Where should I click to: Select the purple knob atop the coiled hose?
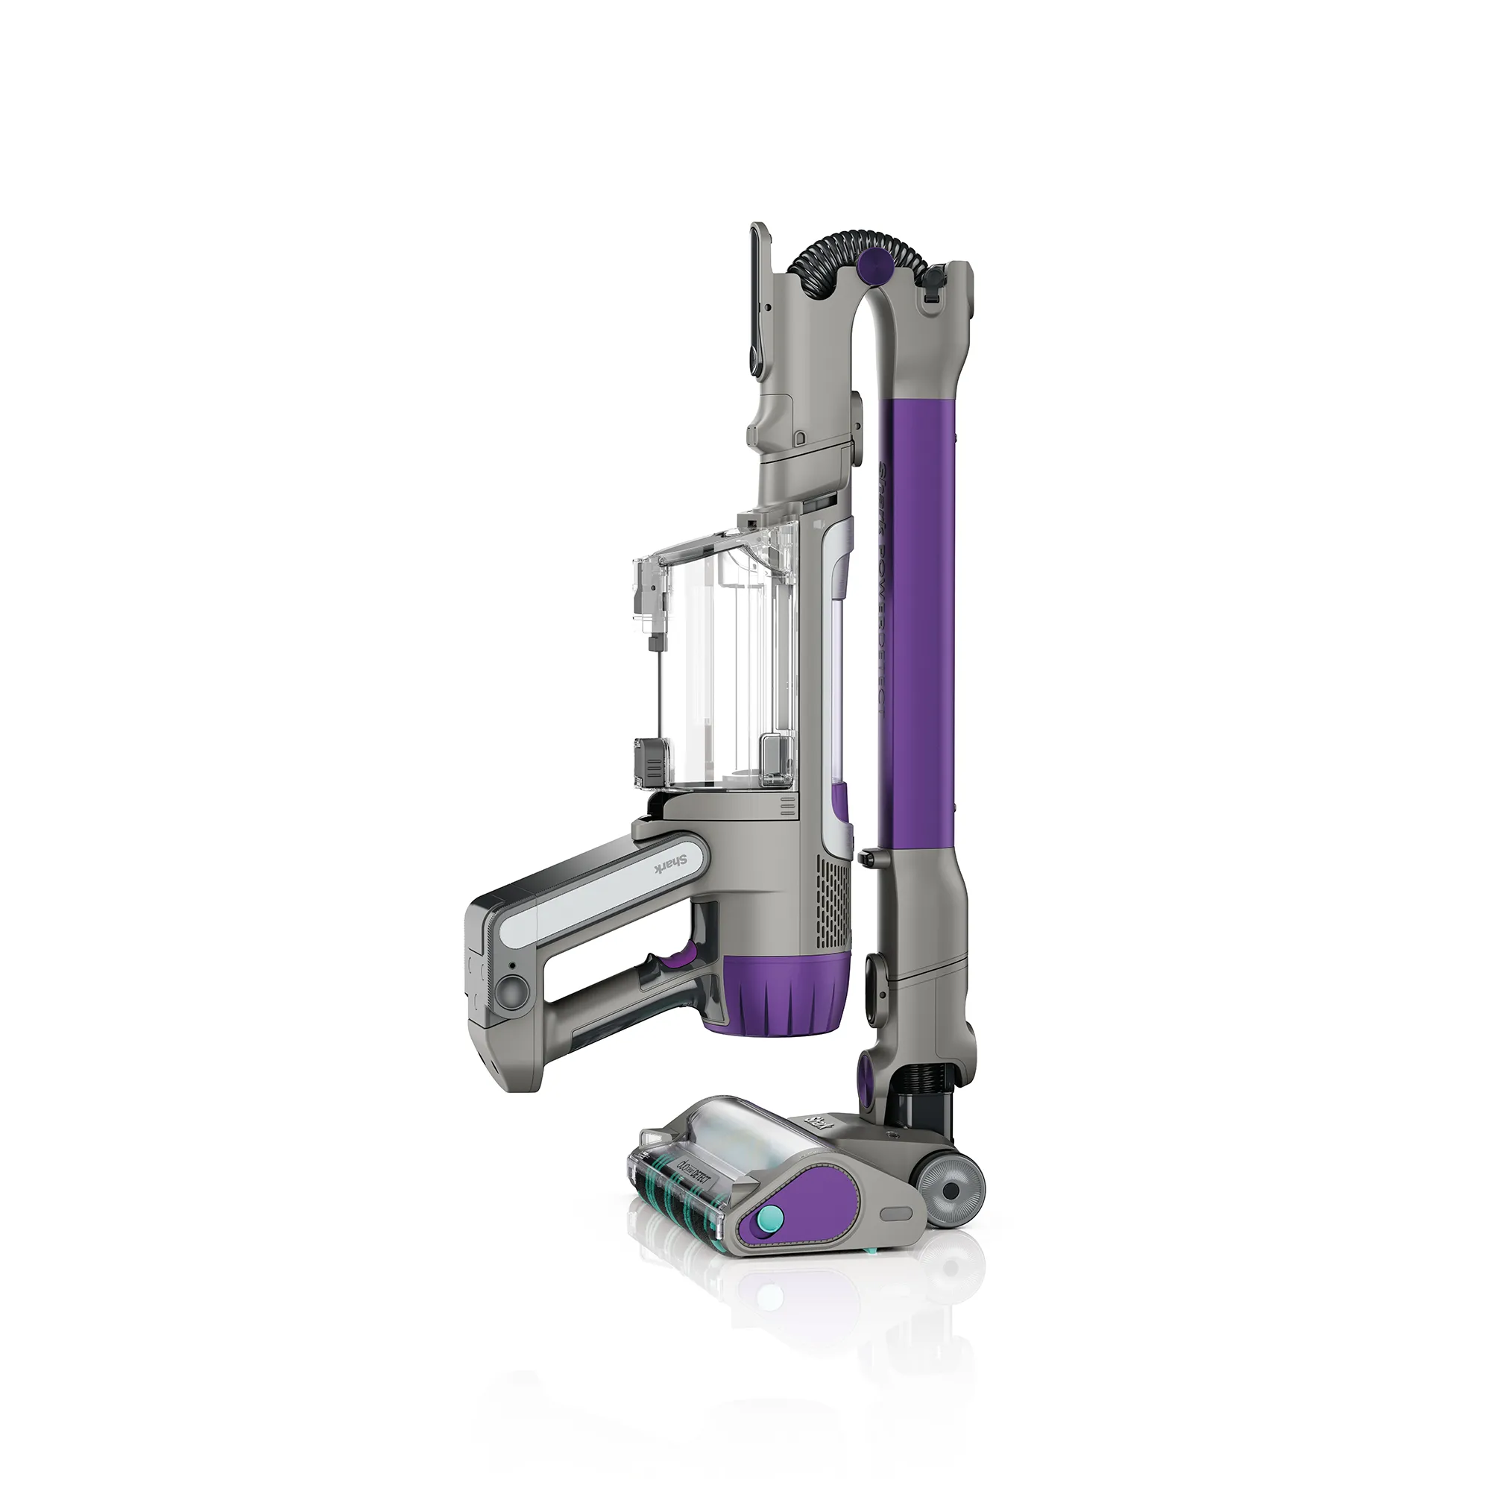click(x=871, y=265)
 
